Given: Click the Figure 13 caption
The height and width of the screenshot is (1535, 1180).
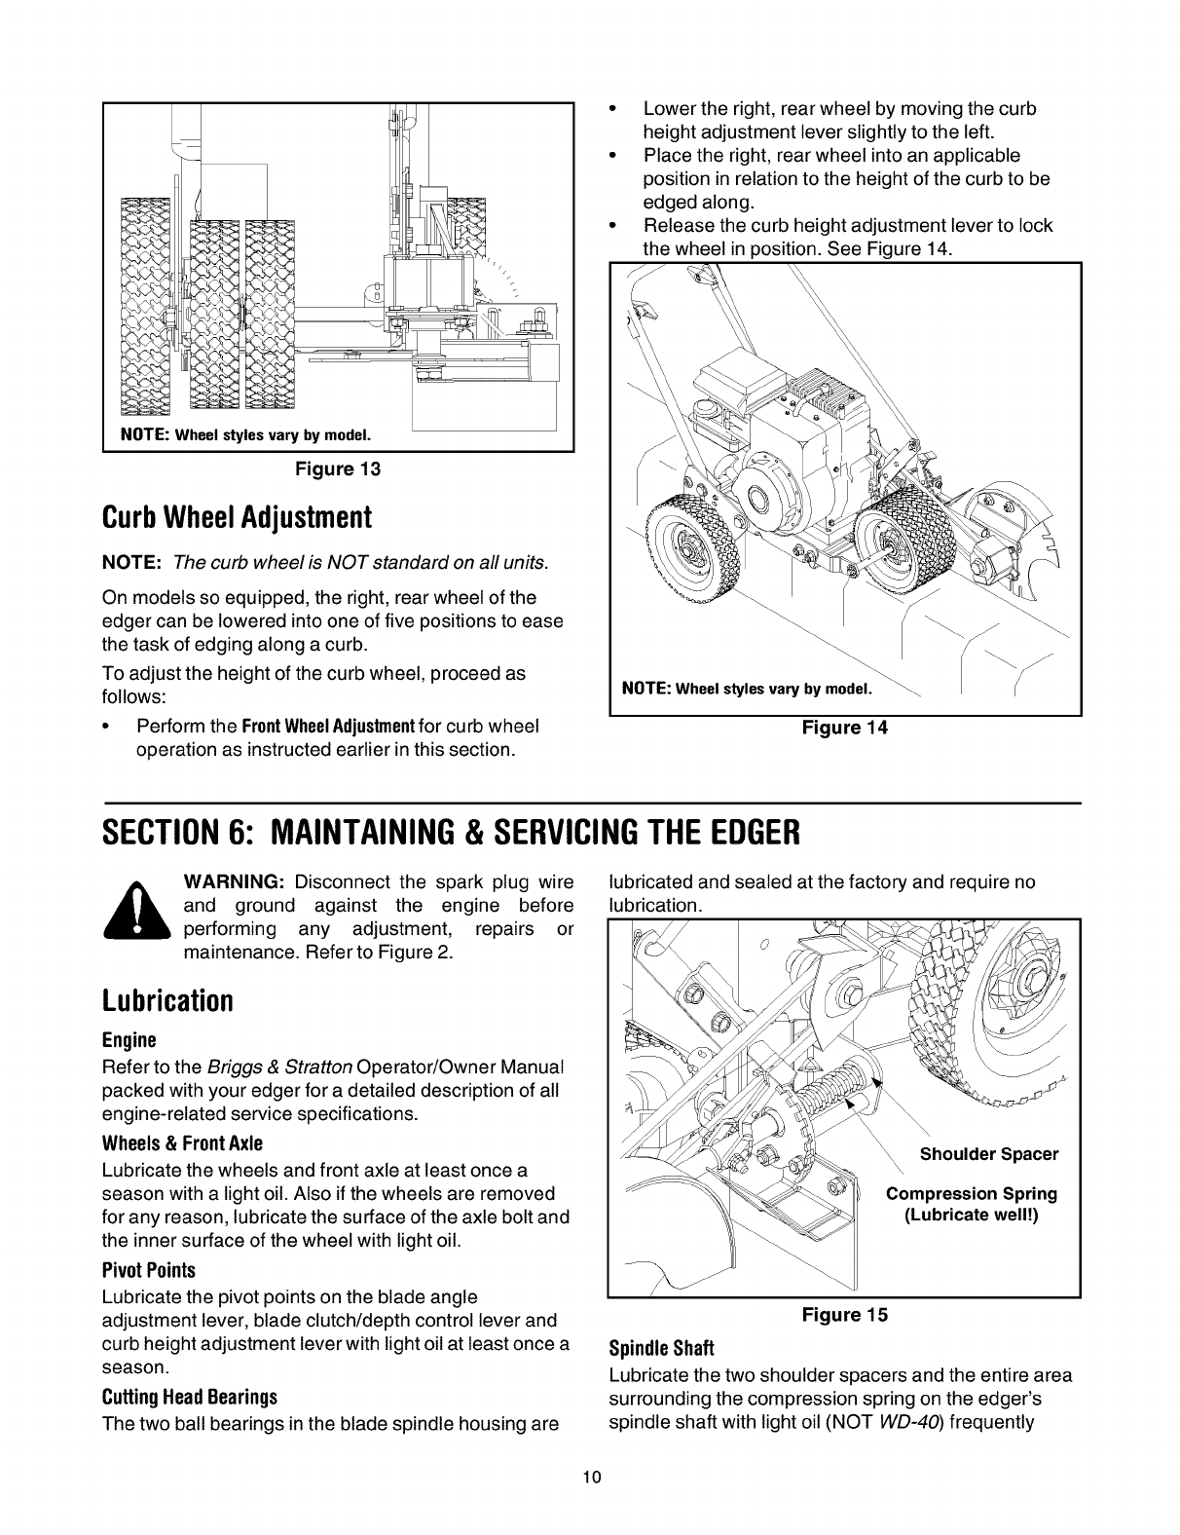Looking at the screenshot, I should coord(338,469).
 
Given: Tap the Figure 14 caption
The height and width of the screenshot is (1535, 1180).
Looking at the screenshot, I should coord(844,728).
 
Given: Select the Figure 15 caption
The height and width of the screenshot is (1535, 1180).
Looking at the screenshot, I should coord(844,1315).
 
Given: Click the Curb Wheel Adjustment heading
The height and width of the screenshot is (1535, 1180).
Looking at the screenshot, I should coord(237,517).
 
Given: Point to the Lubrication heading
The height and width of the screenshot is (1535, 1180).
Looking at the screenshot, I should coord(167,1001).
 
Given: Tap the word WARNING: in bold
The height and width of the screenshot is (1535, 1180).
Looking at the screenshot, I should coord(233,882).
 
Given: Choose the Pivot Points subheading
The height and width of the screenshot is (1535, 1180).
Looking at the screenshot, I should coord(148,1271).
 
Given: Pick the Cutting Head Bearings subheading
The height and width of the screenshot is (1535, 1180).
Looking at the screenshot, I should coord(190,1398).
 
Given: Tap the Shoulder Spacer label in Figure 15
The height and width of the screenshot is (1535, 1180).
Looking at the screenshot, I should coord(988,1154).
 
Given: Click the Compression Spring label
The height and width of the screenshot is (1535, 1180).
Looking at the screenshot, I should coord(971,1194).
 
